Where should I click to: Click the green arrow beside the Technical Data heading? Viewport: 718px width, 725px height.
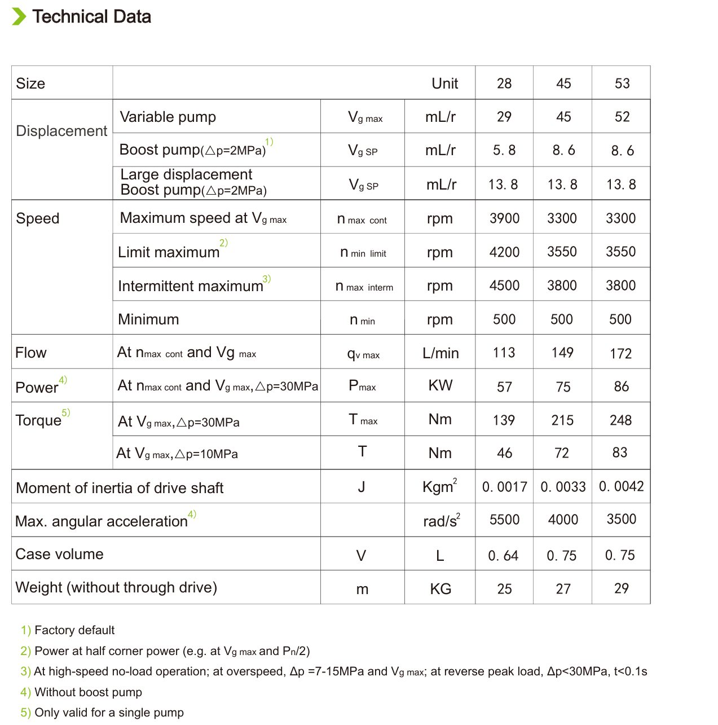[x=19, y=17]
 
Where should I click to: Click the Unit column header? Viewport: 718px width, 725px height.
[x=444, y=84]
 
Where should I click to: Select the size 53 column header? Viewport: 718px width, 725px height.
[x=622, y=84]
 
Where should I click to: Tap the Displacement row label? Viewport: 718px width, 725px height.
[x=61, y=131]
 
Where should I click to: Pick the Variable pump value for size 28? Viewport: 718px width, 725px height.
[x=504, y=117]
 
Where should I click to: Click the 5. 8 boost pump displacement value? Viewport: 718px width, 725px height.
[x=504, y=150]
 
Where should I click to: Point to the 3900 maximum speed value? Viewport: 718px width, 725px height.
[x=504, y=218]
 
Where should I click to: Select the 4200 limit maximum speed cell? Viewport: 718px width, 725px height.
[x=504, y=252]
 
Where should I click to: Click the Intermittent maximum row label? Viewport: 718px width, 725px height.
[x=191, y=286]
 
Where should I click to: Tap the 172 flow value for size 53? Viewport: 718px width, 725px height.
[x=620, y=354]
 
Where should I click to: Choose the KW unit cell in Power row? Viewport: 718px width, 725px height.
[x=440, y=385]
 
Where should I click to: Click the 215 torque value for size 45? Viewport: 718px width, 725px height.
[x=562, y=420]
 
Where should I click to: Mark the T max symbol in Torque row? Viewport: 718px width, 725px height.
[x=363, y=420]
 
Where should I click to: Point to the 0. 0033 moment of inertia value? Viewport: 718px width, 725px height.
[x=563, y=486]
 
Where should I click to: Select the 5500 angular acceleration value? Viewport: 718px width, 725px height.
[x=504, y=520]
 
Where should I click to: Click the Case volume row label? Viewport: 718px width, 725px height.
[x=59, y=554]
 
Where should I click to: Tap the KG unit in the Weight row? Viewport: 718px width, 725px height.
[x=440, y=589]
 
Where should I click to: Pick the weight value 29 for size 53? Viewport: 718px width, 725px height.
[x=621, y=588]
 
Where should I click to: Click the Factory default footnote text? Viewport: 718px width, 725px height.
[x=74, y=630]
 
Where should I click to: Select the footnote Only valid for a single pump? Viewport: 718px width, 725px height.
[x=109, y=713]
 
